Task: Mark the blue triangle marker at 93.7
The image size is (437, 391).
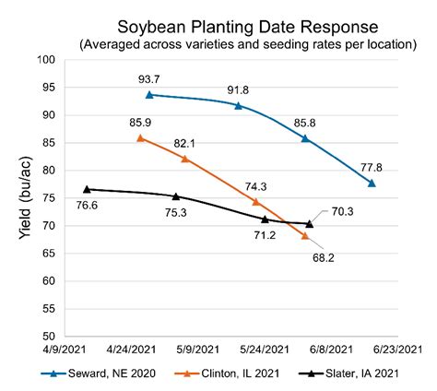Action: pyautogui.click(x=149, y=94)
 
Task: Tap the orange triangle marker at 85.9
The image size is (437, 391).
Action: pyautogui.click(x=140, y=137)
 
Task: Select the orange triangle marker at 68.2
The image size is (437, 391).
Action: pyautogui.click(x=305, y=236)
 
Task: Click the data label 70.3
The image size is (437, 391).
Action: pyautogui.click(x=342, y=211)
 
